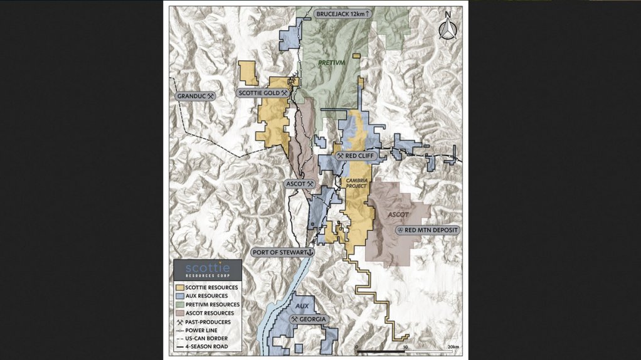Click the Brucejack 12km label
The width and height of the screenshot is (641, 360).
[344, 13]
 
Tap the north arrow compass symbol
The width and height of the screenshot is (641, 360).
[447, 27]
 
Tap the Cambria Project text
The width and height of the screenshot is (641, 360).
[356, 183]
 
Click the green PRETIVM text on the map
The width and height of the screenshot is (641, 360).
[331, 63]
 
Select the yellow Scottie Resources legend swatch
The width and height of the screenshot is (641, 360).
[180, 287]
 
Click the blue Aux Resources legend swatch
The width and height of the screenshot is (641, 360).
[180, 295]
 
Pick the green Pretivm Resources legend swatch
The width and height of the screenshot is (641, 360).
[180, 304]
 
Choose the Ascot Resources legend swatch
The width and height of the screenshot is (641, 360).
[180, 312]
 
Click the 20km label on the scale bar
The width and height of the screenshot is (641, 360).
[453, 346]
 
